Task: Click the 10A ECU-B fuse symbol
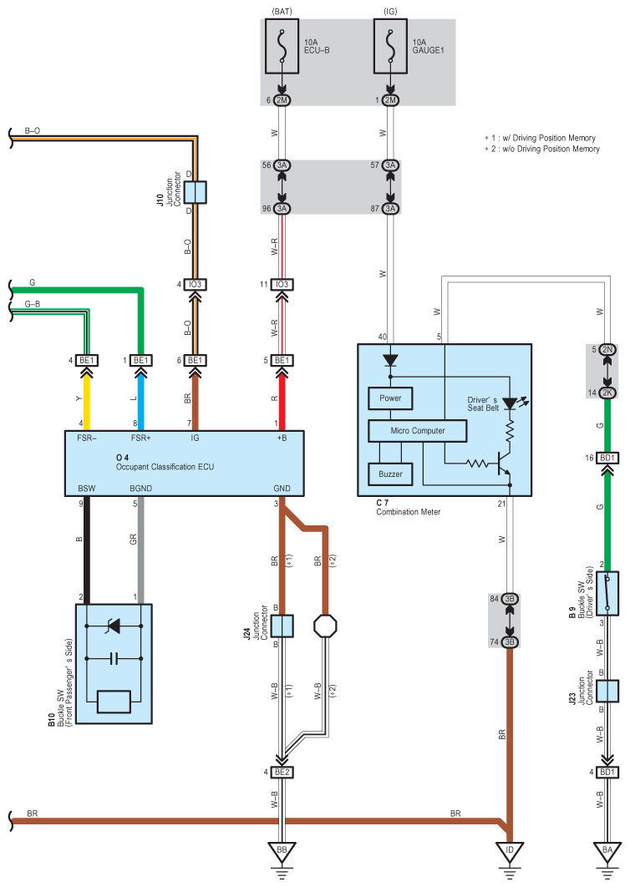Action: click(282, 47)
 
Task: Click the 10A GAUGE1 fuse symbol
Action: click(390, 47)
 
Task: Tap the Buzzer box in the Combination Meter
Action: click(390, 474)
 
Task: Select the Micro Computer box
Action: click(417, 430)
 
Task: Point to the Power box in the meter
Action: click(390, 398)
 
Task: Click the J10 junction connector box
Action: click(196, 192)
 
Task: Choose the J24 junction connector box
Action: click(282, 626)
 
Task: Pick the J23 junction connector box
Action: click(607, 691)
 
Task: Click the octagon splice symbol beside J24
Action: click(326, 626)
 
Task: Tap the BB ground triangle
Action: click(282, 851)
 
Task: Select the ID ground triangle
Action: click(510, 851)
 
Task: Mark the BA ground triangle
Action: click(607, 851)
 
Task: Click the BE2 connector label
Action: click(282, 772)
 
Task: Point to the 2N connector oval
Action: click(607, 350)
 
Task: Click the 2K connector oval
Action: click(607, 393)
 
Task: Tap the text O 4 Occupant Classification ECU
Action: click(165, 462)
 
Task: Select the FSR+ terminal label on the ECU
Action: click(141, 438)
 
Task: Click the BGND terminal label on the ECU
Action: click(141, 489)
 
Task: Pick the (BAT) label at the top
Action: click(282, 11)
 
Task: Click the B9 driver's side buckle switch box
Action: click(607, 593)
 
